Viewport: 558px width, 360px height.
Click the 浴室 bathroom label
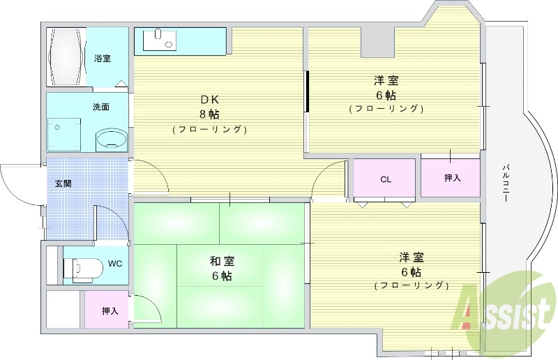point(102,59)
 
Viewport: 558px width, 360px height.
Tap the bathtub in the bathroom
point(68,57)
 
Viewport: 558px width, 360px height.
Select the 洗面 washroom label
point(101,107)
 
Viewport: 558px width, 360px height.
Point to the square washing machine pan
point(63,134)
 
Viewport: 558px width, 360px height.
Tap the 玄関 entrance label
point(63,184)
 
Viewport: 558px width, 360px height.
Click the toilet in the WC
point(80,267)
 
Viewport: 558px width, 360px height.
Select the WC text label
point(115,264)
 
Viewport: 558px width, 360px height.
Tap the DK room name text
point(209,99)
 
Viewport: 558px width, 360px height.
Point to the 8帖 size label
point(209,114)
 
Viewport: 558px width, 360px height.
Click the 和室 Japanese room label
point(222,262)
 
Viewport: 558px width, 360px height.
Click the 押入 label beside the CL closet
point(452,179)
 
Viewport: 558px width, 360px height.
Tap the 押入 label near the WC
point(110,310)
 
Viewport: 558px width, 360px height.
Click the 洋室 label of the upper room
point(386,80)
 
